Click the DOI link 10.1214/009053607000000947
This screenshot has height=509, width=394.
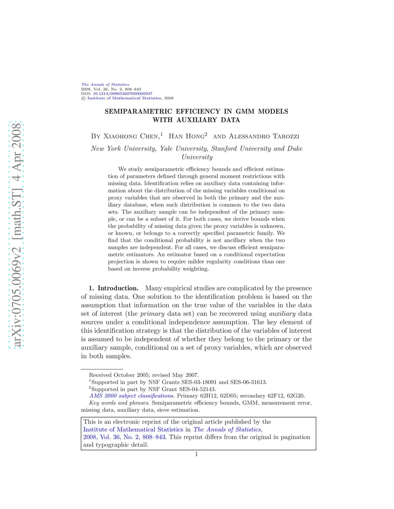click(x=122, y=94)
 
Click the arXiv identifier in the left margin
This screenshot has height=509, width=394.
click(x=17, y=235)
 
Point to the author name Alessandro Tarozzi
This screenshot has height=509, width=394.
click(x=264, y=136)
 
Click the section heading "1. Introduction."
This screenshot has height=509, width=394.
click(x=114, y=288)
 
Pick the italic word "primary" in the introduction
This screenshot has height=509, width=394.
click(x=152, y=313)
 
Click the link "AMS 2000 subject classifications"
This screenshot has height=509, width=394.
click(x=132, y=396)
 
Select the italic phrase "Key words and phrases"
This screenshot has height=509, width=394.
click(x=119, y=403)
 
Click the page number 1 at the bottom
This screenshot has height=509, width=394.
click(x=197, y=454)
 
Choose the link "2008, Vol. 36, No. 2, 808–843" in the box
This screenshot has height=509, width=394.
click(x=124, y=437)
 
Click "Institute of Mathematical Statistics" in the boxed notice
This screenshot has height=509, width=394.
click(x=133, y=429)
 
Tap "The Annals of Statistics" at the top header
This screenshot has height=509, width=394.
click(x=105, y=85)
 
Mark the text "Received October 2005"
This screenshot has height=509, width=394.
click(x=119, y=375)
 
